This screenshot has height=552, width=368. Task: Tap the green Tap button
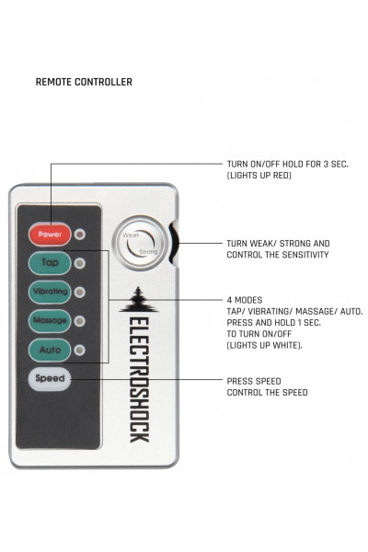(50, 262)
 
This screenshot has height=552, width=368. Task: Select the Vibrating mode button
(50, 292)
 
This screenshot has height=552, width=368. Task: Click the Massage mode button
(50, 321)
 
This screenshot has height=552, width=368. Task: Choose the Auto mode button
(50, 350)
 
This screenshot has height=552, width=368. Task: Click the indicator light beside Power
(80, 234)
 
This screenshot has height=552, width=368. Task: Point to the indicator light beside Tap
(80, 263)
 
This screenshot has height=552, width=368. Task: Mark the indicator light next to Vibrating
(80, 293)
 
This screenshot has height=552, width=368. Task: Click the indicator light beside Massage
(80, 321)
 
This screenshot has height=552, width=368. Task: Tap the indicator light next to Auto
(80, 351)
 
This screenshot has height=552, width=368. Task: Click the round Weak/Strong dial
(141, 243)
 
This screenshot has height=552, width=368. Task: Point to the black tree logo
(139, 300)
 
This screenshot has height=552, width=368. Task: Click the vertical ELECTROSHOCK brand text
(139, 379)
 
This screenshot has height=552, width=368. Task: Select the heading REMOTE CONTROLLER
(84, 82)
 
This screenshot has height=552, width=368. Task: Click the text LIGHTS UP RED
(259, 176)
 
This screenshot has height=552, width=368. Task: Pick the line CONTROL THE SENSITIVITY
(278, 255)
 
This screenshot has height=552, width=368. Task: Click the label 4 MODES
(245, 300)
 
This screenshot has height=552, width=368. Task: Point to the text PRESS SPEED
(254, 381)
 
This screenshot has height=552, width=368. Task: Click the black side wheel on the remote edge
(174, 243)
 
